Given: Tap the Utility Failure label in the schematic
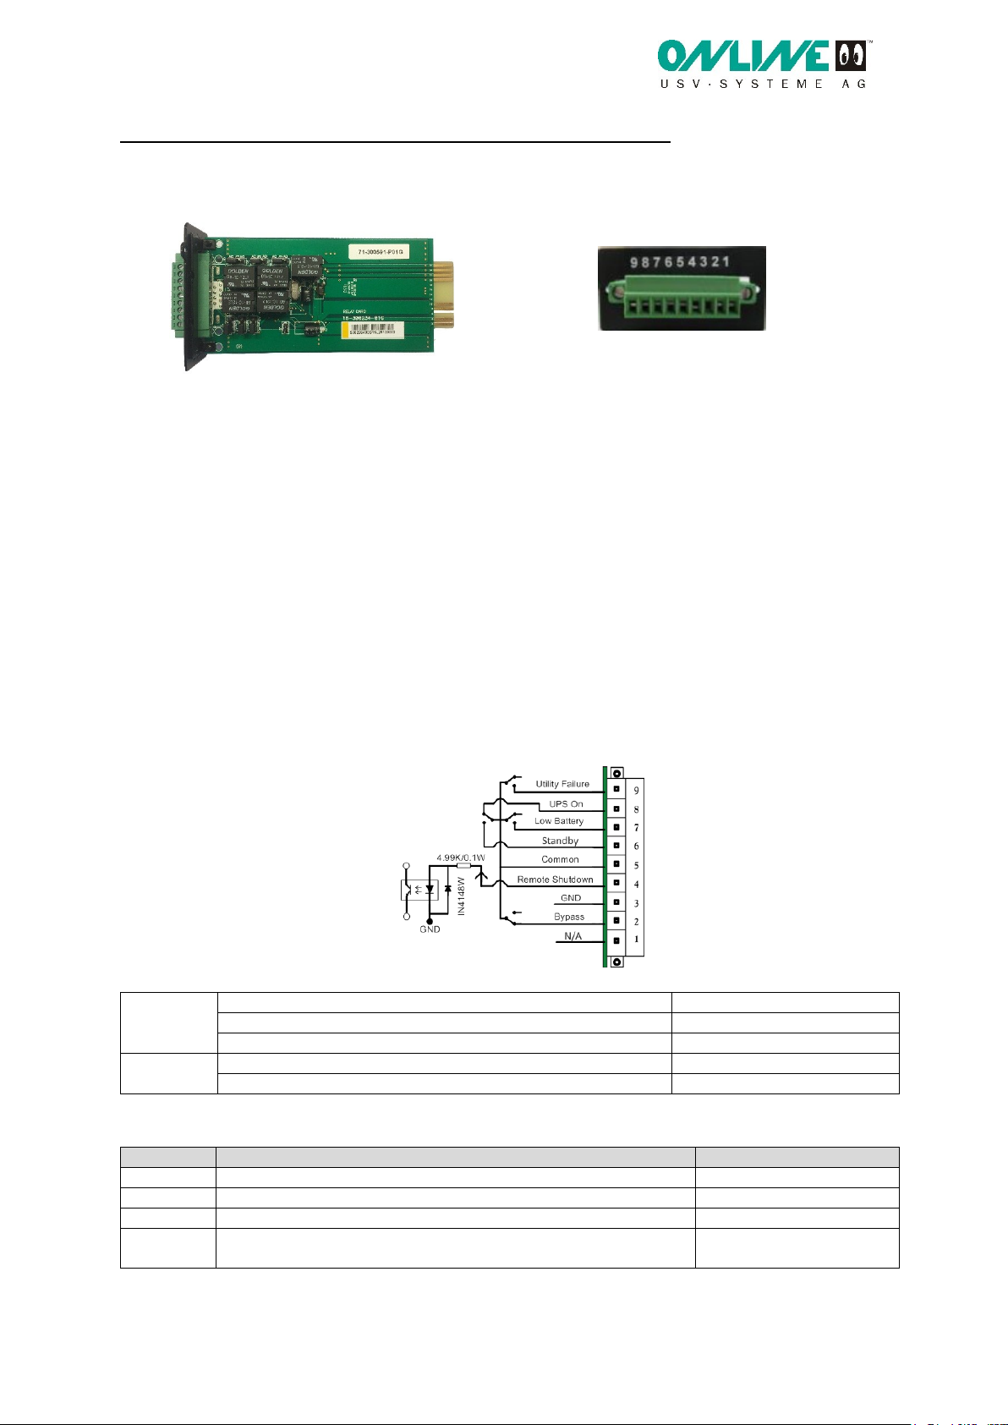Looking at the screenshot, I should point(562,784).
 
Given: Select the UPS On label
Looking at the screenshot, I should point(566,803).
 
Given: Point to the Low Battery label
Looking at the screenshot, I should point(559,821).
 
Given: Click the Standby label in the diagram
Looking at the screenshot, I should point(560,841).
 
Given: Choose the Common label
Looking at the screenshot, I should point(560,859).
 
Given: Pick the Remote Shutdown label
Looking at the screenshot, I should point(555,880).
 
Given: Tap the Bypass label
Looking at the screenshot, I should point(569,917).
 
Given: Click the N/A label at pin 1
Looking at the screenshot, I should point(572,936).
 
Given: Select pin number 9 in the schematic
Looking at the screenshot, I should point(637,791).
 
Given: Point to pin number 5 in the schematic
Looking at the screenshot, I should point(637,866).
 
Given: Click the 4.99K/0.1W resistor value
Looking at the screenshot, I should point(461,858).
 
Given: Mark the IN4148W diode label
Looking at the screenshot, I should point(462,896).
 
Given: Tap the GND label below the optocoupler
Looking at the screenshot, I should point(430,929).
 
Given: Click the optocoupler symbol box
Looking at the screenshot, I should point(419,890).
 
